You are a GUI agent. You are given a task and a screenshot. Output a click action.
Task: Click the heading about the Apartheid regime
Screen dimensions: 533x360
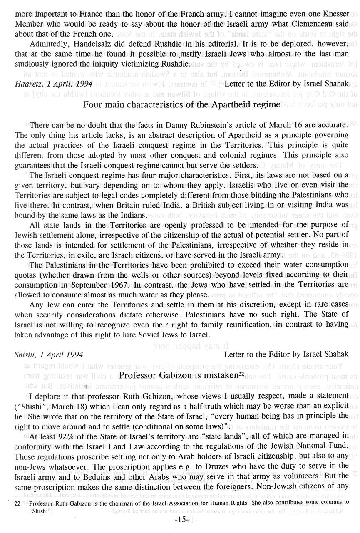click(x=181, y=104)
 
